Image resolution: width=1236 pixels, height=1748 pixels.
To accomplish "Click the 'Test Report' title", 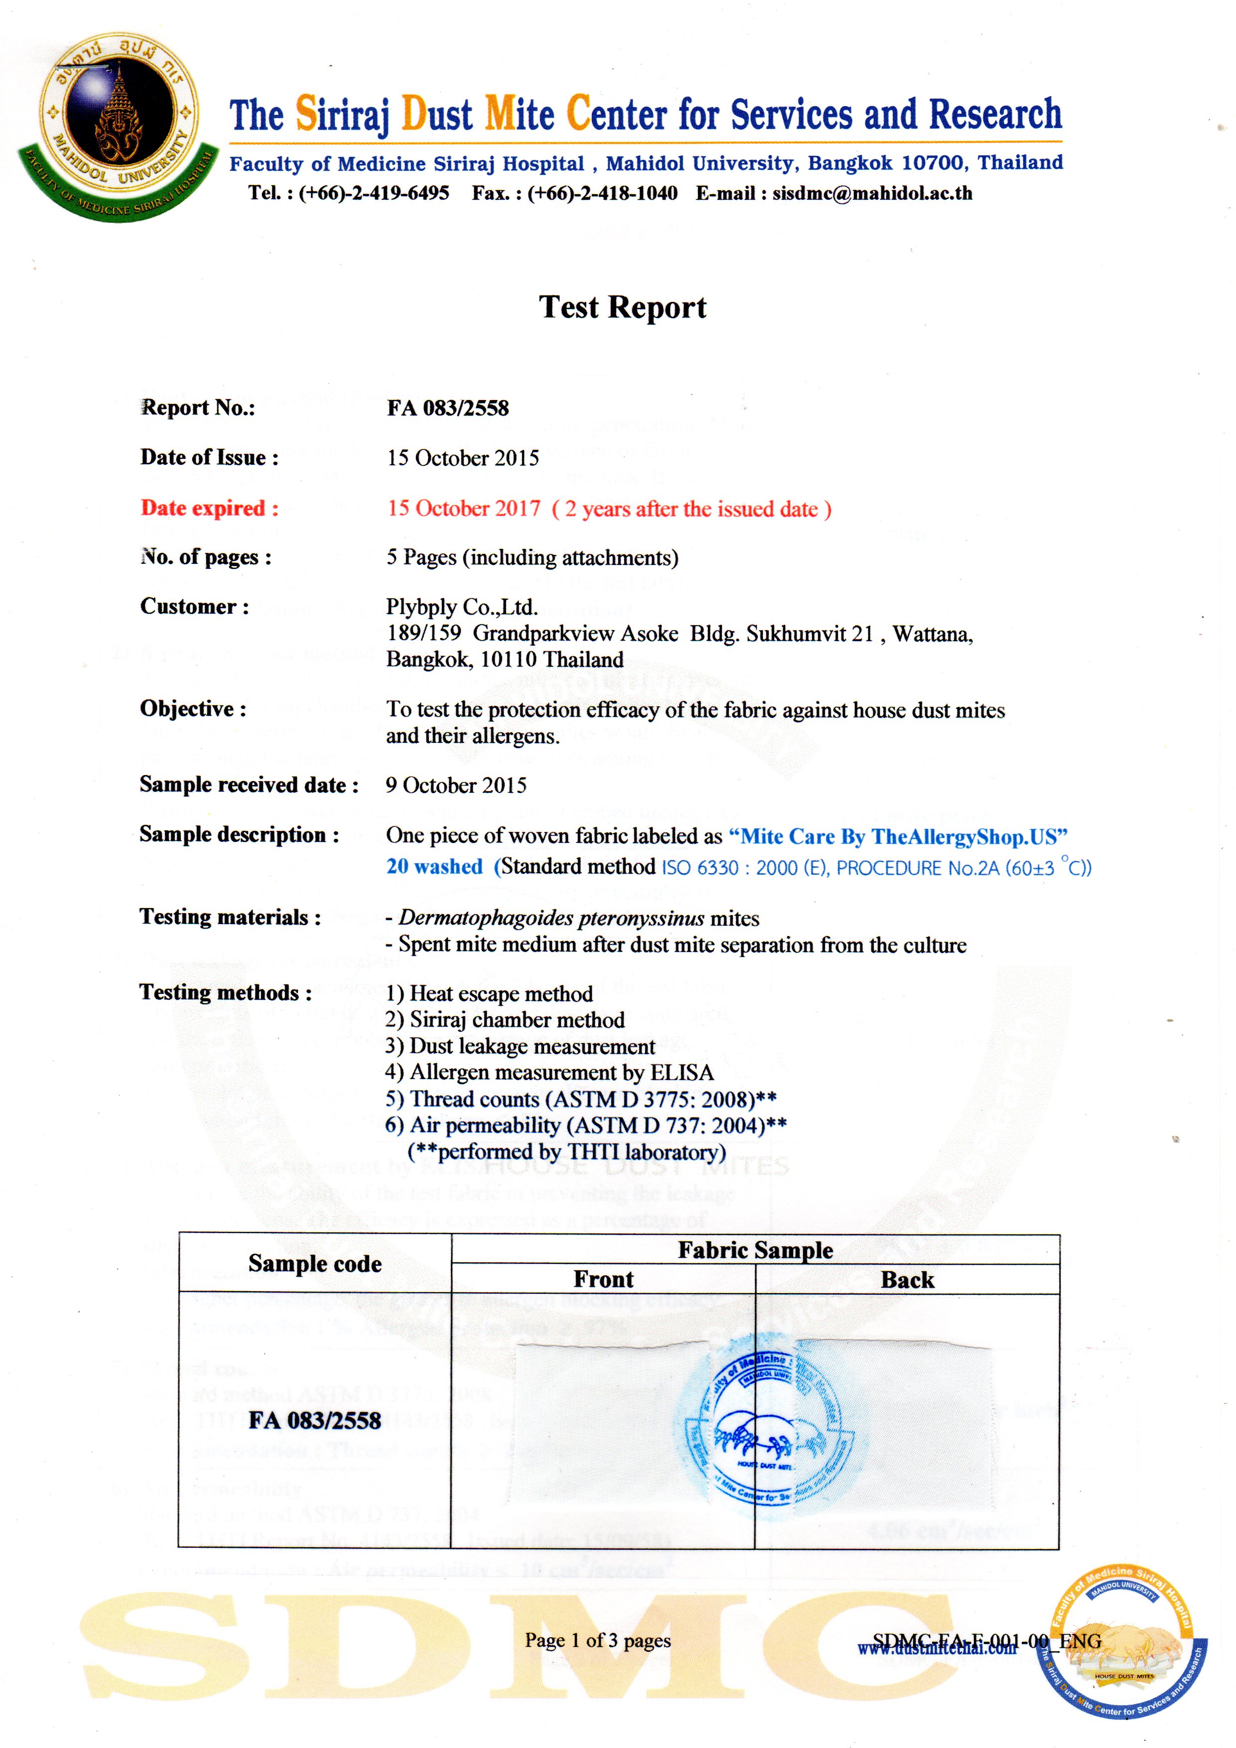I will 622,307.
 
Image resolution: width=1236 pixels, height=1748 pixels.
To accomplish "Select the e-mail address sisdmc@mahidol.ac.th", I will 872,193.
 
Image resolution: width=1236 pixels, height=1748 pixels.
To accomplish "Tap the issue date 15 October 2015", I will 462,458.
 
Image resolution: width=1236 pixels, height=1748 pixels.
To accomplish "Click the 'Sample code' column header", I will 314,1264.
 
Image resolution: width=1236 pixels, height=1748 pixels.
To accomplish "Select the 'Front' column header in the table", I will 603,1279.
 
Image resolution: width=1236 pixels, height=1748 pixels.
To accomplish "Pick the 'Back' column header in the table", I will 907,1280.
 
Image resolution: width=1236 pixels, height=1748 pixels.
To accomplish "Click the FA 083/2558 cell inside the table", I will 314,1421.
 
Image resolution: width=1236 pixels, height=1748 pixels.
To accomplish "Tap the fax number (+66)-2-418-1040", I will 602,193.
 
